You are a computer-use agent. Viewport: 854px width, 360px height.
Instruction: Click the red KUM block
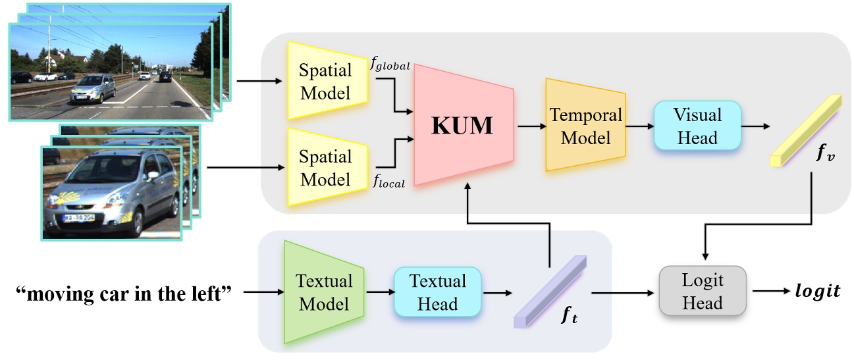click(462, 126)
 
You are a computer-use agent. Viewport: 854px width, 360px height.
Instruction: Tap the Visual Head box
click(697, 126)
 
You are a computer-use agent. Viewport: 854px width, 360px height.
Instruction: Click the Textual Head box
click(437, 293)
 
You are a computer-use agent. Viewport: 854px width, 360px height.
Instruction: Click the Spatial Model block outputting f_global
click(325, 80)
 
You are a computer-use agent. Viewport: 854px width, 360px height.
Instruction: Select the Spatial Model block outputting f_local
click(325, 167)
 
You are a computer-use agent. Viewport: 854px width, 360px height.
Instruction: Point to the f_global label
click(391, 65)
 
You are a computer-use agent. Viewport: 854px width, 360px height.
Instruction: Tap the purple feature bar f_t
click(550, 292)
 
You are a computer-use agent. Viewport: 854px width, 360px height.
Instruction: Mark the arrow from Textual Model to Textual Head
click(379, 293)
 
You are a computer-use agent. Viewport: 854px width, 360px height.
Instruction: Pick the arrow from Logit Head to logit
click(770, 290)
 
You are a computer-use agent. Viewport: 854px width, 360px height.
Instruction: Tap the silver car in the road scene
click(93, 89)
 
